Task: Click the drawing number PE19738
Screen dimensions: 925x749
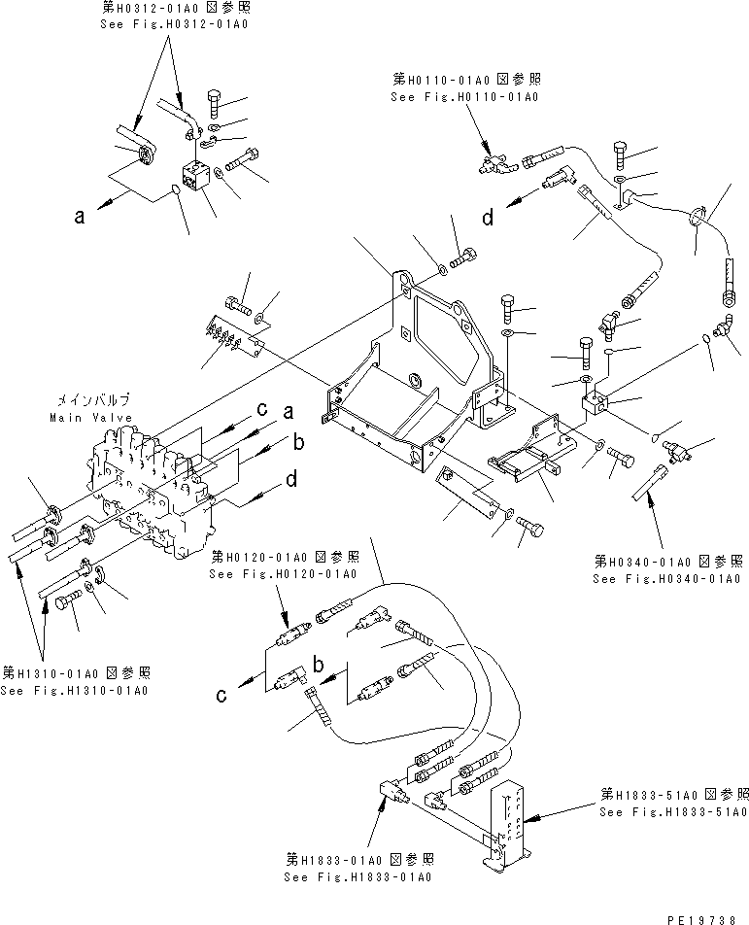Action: pyautogui.click(x=706, y=916)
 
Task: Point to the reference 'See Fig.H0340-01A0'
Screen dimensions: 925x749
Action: pyautogui.click(x=669, y=579)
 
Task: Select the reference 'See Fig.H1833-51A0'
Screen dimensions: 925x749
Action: pyautogui.click(x=673, y=812)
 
